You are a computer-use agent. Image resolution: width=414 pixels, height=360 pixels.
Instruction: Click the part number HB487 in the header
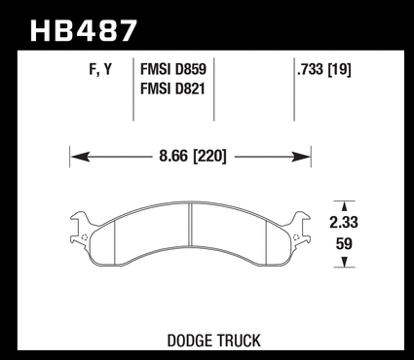84,31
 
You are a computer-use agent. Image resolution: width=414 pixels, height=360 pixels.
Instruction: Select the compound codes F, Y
100,70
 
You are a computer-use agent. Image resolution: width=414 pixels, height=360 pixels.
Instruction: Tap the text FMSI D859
173,69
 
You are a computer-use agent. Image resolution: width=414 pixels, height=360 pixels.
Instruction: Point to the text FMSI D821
172,89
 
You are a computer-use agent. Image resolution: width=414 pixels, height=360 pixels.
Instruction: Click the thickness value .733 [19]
324,69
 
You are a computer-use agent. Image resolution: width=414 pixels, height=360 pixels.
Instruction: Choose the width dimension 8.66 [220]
193,157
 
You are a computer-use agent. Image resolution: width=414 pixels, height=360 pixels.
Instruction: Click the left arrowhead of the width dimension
80,157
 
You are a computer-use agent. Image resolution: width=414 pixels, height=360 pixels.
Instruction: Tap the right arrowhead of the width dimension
301,157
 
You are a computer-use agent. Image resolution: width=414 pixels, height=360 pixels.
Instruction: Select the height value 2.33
344,223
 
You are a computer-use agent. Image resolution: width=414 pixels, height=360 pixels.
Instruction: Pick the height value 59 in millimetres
344,244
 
